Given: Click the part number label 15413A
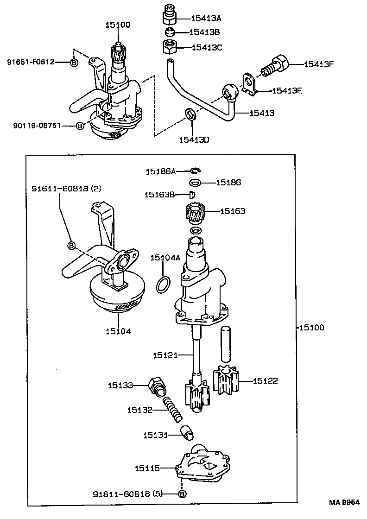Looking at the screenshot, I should [206, 19].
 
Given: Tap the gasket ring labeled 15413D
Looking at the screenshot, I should [190, 114].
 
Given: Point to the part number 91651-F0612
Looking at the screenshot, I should [31, 62].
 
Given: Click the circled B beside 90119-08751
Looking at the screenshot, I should [80, 126].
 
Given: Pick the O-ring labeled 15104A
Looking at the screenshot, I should [162, 285].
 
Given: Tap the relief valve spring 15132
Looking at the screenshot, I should [174, 410].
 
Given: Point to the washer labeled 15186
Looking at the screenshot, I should [196, 183].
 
